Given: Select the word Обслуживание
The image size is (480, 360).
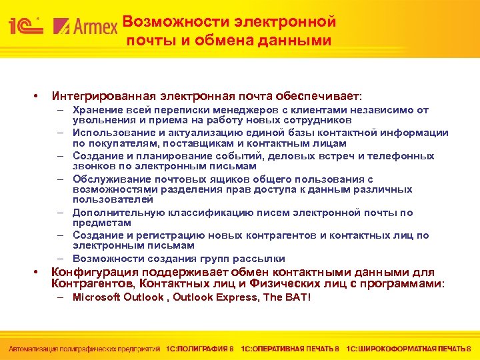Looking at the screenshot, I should tap(110, 179).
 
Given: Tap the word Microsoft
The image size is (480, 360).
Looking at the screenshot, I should tap(98, 297).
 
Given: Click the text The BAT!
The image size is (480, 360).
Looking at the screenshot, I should tap(287, 297).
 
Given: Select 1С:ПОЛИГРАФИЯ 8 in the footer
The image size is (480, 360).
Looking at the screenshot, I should tap(200, 348).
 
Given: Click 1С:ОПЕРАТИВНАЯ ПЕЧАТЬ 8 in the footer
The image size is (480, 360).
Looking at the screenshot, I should tap(290, 348).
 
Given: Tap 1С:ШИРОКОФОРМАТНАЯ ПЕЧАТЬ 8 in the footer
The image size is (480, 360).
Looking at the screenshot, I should tap(409, 348).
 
